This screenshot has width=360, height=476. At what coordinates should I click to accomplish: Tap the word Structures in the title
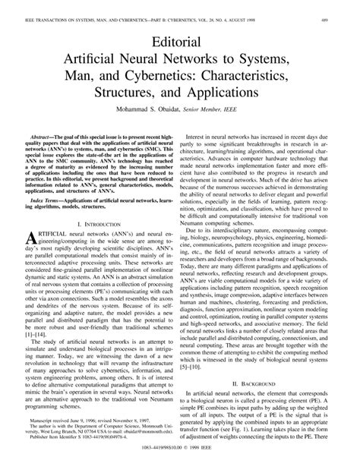coord(140,99)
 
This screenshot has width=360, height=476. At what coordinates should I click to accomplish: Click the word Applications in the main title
coord(245,99)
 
